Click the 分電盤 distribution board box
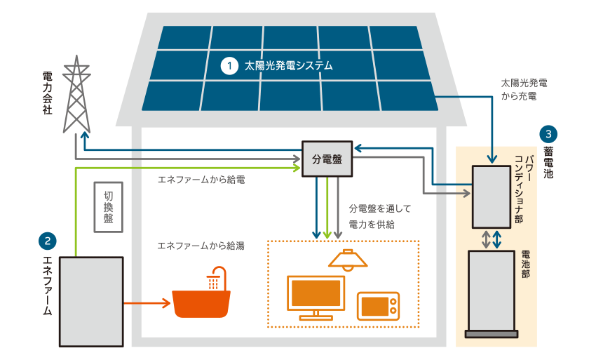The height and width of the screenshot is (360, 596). [x=327, y=159]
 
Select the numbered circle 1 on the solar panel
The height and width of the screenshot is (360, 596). [x=229, y=67]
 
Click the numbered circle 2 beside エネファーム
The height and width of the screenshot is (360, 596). [x=48, y=241]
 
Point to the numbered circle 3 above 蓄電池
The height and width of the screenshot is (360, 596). [x=548, y=133]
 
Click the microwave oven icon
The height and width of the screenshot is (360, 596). [x=378, y=306]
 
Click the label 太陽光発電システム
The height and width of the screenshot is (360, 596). [x=287, y=67]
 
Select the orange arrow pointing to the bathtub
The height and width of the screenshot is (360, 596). [x=147, y=303]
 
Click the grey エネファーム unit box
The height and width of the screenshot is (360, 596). [x=91, y=302]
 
